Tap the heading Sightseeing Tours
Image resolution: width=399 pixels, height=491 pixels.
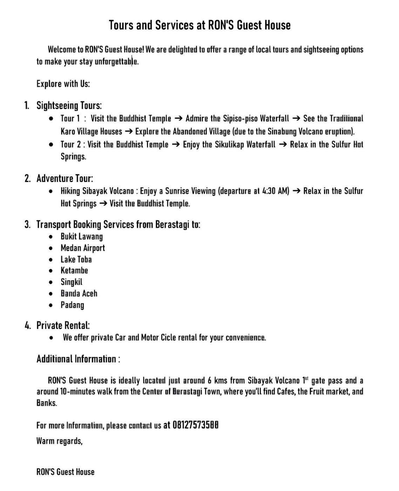coord(69,105)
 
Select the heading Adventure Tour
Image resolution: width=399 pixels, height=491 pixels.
coord(65,178)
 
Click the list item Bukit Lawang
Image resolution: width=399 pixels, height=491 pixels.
coord(82,236)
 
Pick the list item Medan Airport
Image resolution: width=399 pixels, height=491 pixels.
coord(83,248)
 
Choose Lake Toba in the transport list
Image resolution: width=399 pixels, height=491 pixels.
coord(76,259)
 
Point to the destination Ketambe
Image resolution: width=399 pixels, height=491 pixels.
coord(74,270)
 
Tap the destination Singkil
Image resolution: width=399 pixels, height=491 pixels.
coord(72,282)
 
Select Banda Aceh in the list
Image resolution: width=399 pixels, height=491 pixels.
coord(79,293)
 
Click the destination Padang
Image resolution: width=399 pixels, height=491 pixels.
coord(72,305)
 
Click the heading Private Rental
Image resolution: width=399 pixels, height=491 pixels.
coord(63,325)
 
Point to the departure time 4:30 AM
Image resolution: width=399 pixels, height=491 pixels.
coord(275,191)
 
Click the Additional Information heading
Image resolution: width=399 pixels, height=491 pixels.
coord(78,359)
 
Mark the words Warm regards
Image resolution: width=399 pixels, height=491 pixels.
coord(59,441)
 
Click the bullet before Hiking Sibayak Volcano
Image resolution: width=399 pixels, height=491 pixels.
coord(52,191)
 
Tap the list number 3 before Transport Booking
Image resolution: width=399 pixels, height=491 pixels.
coord(27,224)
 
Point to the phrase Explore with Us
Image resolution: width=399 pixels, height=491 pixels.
coord(63,84)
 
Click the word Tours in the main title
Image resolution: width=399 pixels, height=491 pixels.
coord(120,25)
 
